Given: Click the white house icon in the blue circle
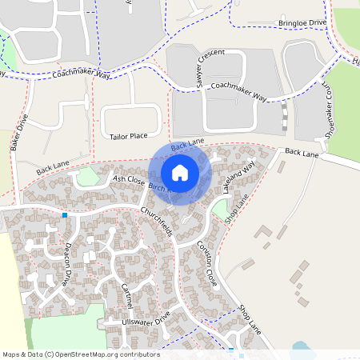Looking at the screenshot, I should [x=180, y=172].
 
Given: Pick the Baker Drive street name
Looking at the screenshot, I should [x=19, y=132].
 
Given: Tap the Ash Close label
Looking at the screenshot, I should [x=128, y=182].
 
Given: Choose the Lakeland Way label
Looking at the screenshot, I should [x=238, y=177].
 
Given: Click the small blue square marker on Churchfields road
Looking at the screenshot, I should [x=65, y=214].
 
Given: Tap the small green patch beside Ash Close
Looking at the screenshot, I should [x=87, y=176].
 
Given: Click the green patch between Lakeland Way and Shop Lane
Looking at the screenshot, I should [x=218, y=210].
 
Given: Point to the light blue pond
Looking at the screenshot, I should [x=302, y=350].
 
